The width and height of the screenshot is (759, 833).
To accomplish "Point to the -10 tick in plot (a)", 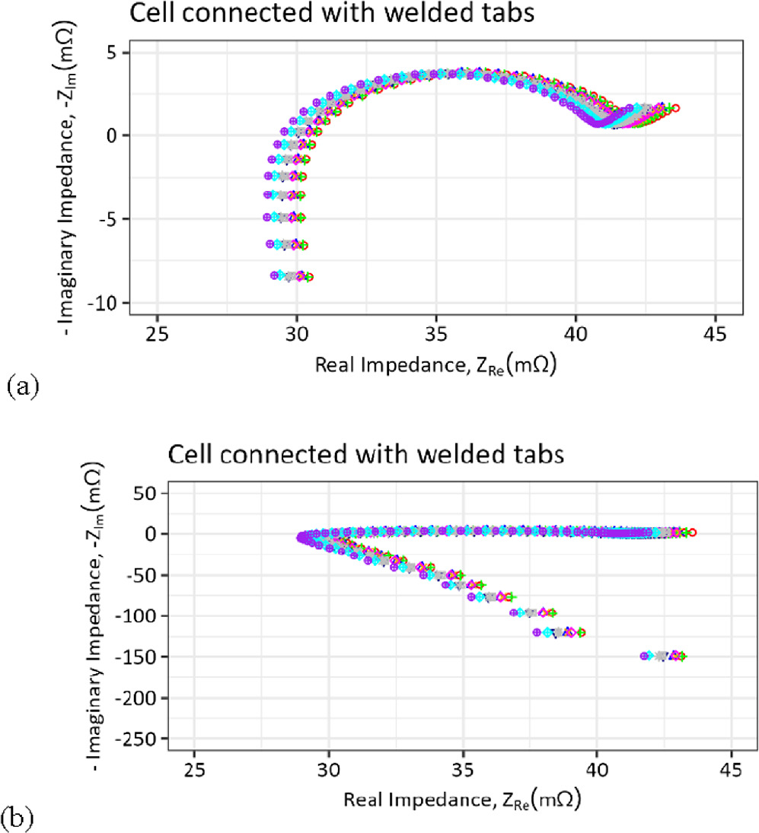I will pyautogui.click(x=111, y=303).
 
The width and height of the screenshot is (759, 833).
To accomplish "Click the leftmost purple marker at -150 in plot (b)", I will pyautogui.click(x=645, y=655).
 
